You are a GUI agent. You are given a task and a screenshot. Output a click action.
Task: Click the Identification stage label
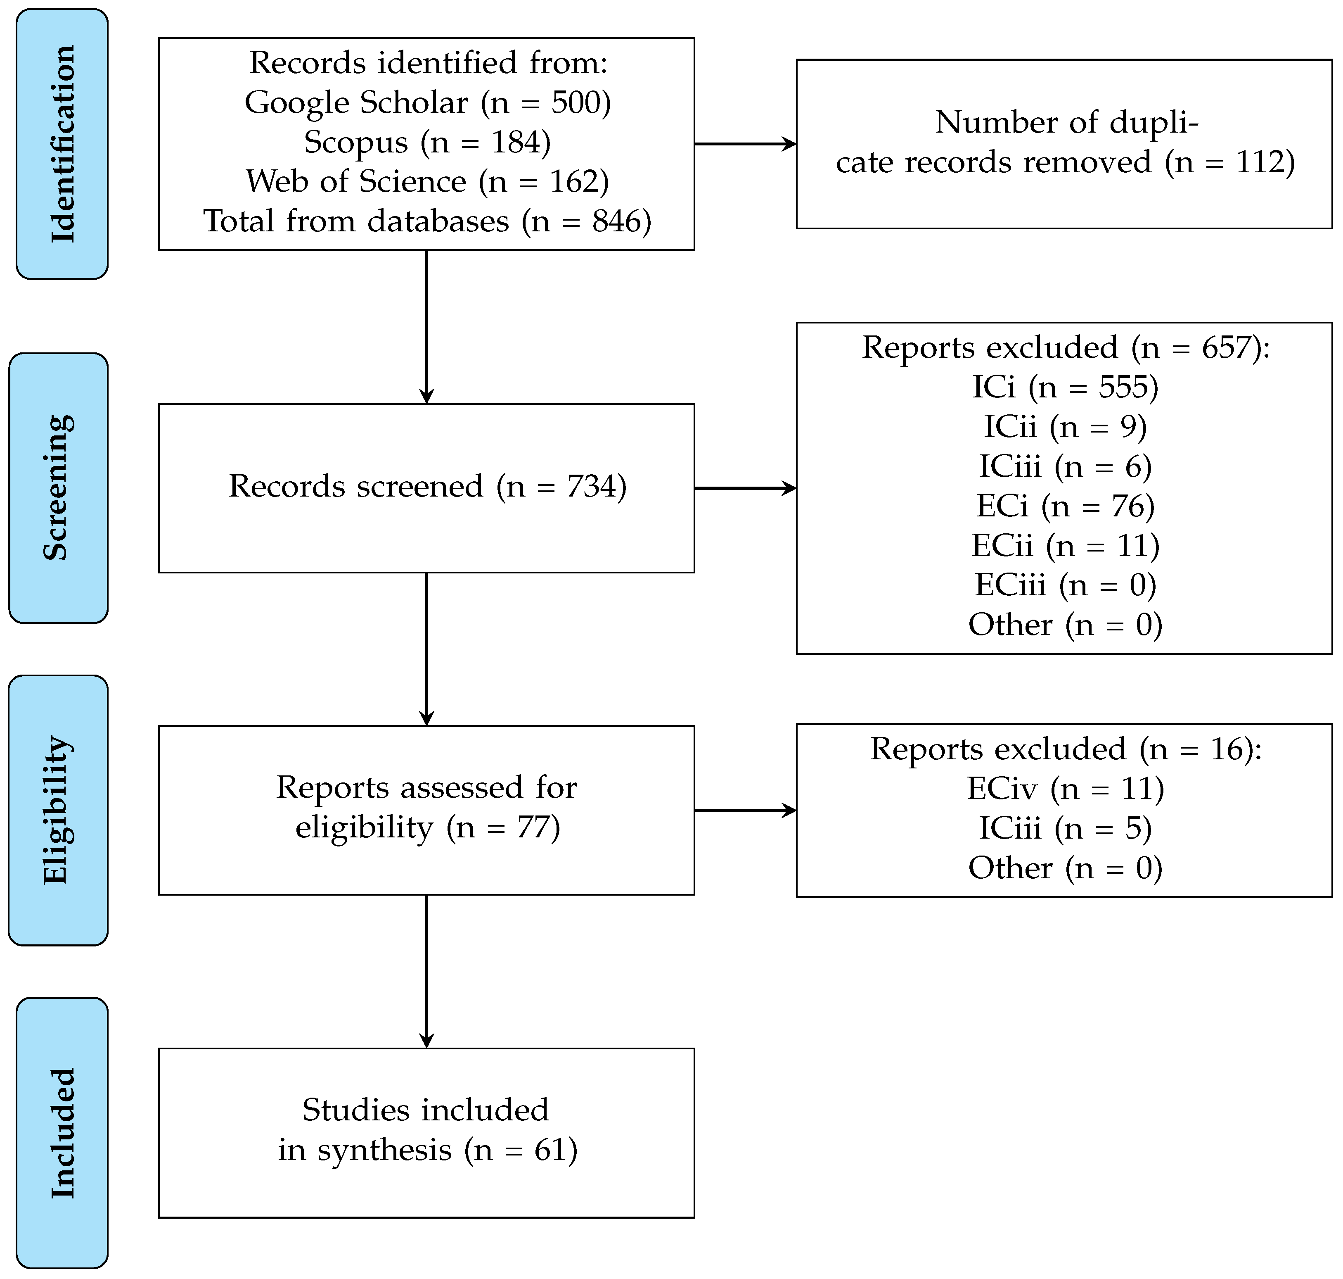[62, 144]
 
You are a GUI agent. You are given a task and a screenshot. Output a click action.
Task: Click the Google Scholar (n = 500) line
[428, 103]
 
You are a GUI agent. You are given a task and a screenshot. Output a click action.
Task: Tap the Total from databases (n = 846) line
[427, 221]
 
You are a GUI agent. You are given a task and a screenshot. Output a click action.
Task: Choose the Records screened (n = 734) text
[427, 487]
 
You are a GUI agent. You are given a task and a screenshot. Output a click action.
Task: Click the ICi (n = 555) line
[1065, 387]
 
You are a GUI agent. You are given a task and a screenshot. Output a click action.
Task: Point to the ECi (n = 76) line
[1065, 506]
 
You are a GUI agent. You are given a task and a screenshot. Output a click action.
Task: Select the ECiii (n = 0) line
[1065, 585]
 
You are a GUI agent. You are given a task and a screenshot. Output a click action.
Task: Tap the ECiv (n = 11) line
[1065, 789]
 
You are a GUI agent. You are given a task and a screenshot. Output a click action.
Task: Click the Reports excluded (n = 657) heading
[1066, 348]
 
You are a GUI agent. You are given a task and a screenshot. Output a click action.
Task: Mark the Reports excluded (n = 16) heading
[1066, 749]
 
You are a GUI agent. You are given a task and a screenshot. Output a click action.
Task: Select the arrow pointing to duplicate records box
[746, 144]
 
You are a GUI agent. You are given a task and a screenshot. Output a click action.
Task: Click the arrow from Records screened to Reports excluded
[746, 488]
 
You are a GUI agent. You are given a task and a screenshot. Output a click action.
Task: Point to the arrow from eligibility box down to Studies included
[426, 972]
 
